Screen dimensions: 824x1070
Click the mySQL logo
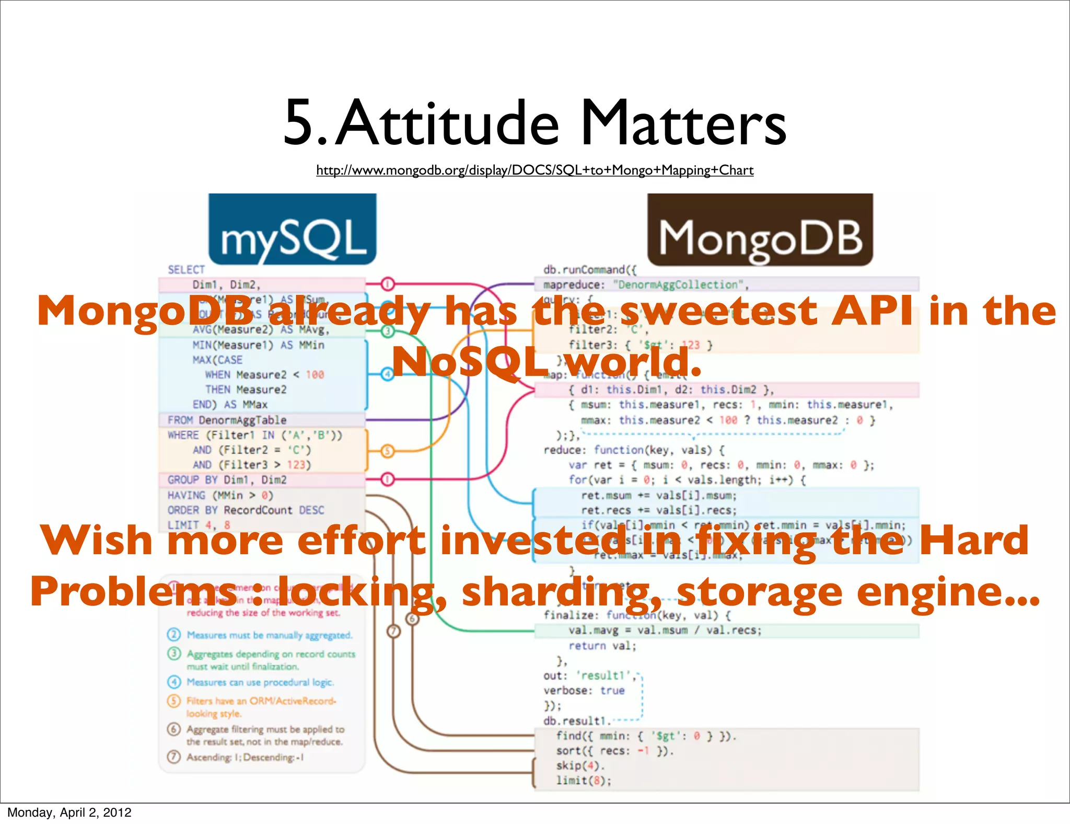(x=292, y=230)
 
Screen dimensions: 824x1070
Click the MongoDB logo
(x=760, y=230)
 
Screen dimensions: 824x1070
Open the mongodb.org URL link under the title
(x=534, y=170)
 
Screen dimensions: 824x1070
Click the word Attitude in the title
(x=447, y=123)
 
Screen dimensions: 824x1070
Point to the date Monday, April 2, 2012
(x=69, y=812)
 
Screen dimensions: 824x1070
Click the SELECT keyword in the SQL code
(x=186, y=270)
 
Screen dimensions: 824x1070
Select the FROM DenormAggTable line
(x=227, y=420)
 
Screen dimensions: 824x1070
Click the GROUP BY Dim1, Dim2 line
(x=227, y=480)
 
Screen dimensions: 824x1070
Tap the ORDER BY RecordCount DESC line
(x=246, y=510)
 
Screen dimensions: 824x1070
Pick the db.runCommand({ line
(x=590, y=270)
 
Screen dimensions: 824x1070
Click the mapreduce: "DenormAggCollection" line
(x=646, y=285)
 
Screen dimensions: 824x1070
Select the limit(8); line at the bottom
(x=583, y=781)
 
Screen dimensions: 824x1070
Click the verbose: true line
(x=584, y=691)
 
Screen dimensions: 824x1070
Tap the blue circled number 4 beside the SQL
(x=387, y=374)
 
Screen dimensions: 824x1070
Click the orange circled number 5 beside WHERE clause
(x=387, y=451)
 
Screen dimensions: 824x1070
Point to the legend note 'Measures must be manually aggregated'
(x=269, y=635)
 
